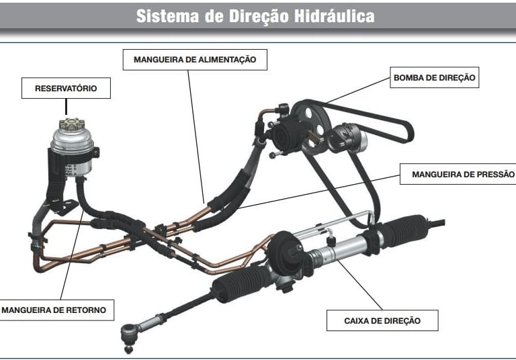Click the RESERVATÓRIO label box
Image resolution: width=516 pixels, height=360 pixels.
[x=66, y=88]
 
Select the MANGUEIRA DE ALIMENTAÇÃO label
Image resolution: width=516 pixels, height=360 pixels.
[x=195, y=60]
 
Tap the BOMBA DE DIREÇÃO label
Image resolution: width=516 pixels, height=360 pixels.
[x=435, y=77]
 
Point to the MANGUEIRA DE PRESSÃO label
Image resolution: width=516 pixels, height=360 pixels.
[x=458, y=174]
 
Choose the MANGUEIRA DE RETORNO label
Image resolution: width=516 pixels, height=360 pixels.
[x=56, y=310]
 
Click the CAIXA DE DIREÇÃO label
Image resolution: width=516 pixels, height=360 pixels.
[x=382, y=320]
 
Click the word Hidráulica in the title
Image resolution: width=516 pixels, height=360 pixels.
[x=334, y=16]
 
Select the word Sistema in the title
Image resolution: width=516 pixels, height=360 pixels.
[x=167, y=16]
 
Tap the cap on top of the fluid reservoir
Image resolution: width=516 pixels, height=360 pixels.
[x=72, y=124]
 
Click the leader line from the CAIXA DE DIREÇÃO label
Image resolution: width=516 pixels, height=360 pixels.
[x=359, y=285]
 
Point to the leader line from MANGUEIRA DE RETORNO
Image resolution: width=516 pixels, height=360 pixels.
[x=72, y=255]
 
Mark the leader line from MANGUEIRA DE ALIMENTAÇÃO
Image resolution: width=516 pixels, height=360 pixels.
[x=196, y=136]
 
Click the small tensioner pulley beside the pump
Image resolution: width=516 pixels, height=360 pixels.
[x=347, y=138]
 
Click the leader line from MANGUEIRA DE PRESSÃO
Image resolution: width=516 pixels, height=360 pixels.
[x=318, y=191]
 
